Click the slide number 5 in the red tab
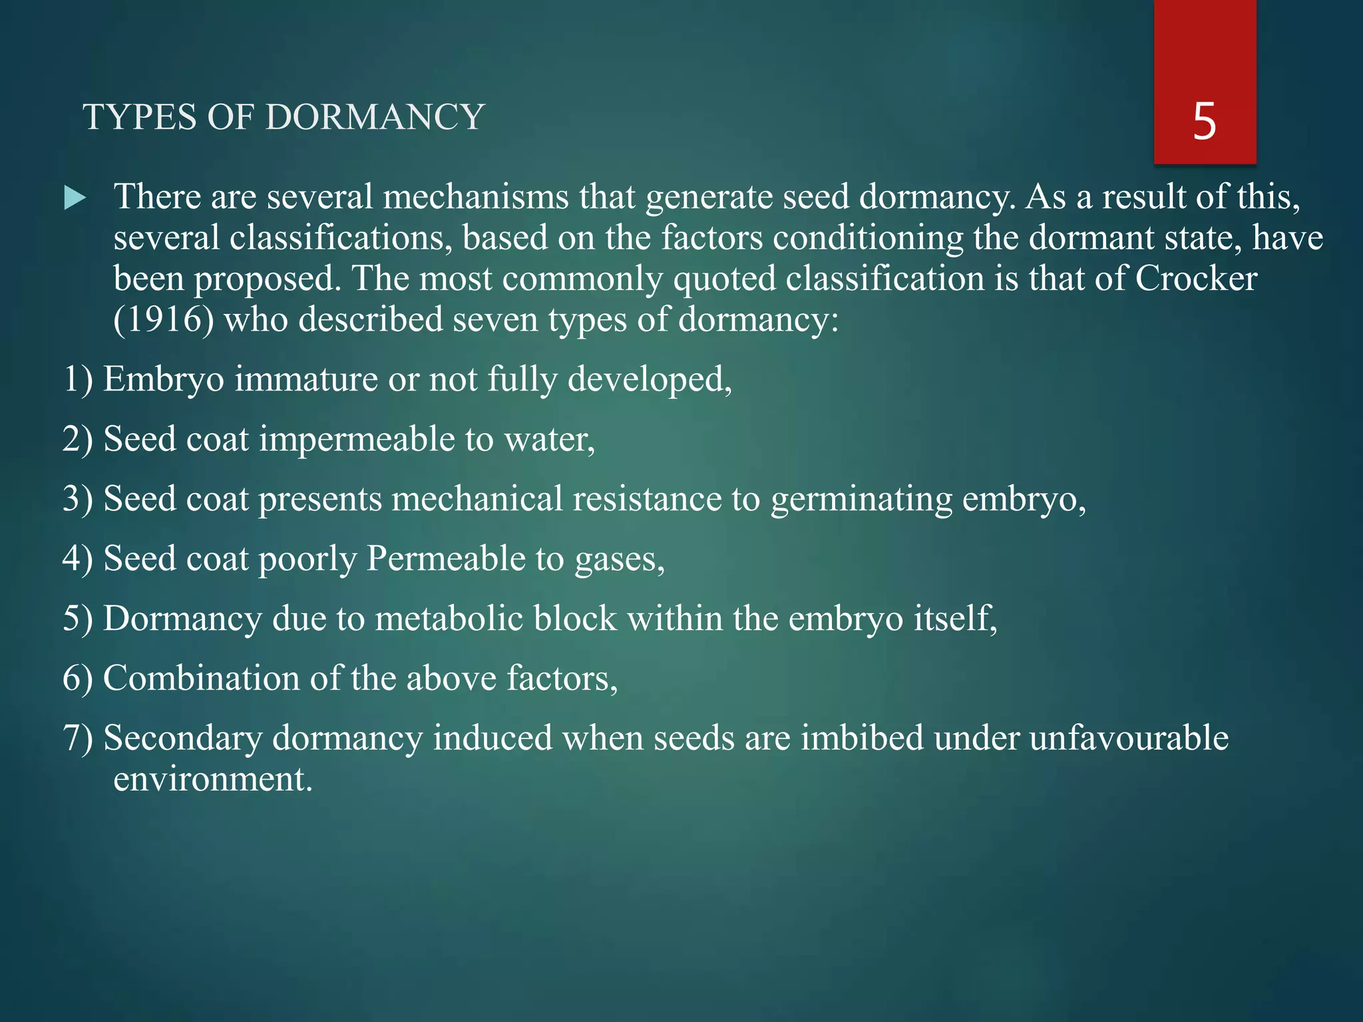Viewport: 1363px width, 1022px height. click(x=1205, y=122)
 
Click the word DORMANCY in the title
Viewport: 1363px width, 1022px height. click(x=375, y=118)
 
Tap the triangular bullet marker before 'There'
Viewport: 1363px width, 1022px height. click(x=75, y=198)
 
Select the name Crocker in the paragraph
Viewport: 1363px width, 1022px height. click(x=1196, y=278)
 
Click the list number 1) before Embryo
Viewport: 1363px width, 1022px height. click(x=78, y=380)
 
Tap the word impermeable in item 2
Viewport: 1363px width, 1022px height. click(x=356, y=439)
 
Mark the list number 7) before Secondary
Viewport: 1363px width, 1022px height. click(x=78, y=739)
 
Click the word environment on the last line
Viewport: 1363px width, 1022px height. click(x=212, y=779)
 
